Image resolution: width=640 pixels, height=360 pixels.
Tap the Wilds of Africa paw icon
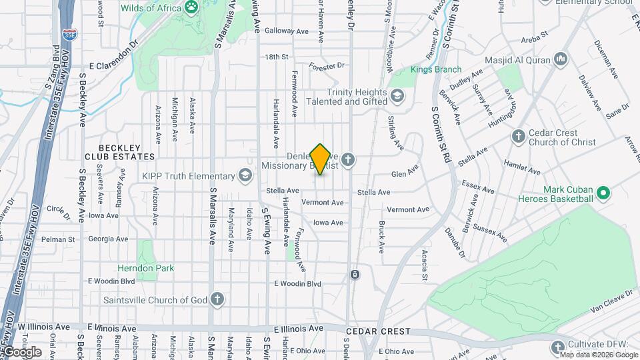[192, 7]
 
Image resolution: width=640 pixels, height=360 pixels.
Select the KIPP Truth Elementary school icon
[245, 175]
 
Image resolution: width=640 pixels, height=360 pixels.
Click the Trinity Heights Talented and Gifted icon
[398, 96]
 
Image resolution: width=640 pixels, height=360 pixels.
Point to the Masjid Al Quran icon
[561, 60]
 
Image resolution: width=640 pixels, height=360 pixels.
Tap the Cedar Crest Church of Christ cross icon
[518, 137]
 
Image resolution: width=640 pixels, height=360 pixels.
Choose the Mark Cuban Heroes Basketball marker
[604, 194]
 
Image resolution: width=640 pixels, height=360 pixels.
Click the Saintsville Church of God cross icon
[217, 299]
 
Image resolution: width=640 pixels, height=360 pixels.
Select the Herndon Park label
[145, 268]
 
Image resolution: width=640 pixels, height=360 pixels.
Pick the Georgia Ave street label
[108, 239]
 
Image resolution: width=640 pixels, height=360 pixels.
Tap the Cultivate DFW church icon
[559, 347]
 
